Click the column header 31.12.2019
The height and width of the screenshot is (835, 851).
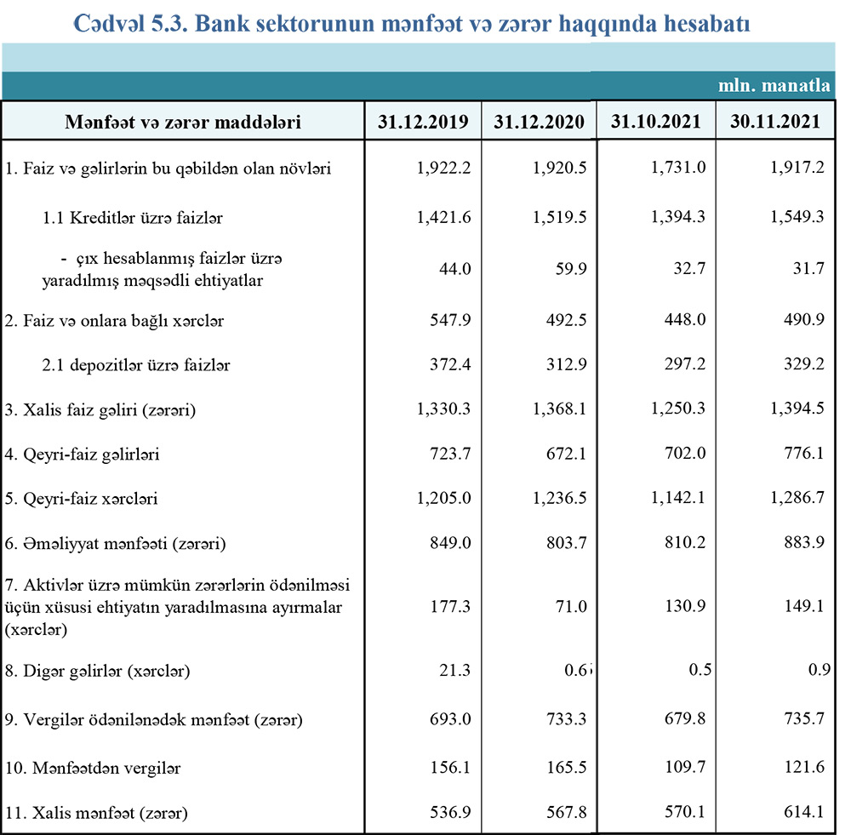point(423,122)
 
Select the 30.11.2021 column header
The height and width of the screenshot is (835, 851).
point(774,121)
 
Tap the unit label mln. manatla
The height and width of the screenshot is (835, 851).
point(774,85)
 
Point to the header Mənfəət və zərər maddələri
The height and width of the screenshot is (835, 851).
point(183,122)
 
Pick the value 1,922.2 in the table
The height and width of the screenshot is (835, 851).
point(443,169)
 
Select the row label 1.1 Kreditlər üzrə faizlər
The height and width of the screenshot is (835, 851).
point(132,218)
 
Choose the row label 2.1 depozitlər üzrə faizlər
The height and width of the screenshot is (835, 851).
point(136,366)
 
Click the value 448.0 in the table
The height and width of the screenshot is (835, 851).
point(685,321)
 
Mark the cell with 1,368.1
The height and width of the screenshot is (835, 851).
point(560,410)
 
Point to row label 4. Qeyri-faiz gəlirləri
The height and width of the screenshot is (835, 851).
point(82,455)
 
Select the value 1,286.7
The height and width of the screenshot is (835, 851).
point(795,499)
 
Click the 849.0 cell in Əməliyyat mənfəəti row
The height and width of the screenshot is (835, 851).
point(450,543)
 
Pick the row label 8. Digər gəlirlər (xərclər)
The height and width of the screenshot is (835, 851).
point(97,672)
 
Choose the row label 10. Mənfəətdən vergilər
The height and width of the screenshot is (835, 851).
point(93,768)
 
